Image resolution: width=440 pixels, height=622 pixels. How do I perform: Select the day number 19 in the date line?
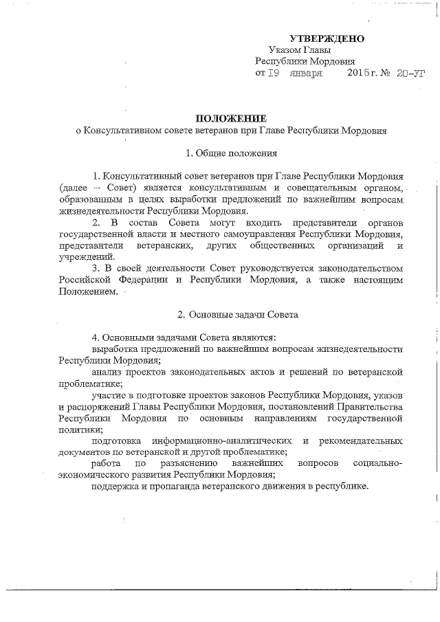coord(273,73)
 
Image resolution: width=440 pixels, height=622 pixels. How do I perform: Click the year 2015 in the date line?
coord(358,73)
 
